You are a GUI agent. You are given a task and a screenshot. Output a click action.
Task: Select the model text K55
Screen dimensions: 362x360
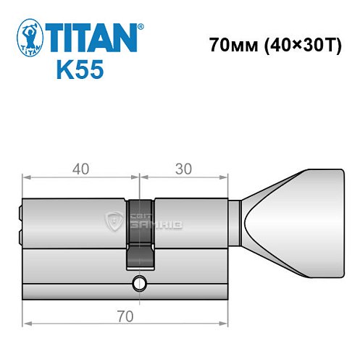[80, 71]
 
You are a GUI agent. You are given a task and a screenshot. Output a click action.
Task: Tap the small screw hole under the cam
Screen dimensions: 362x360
[140, 283]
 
